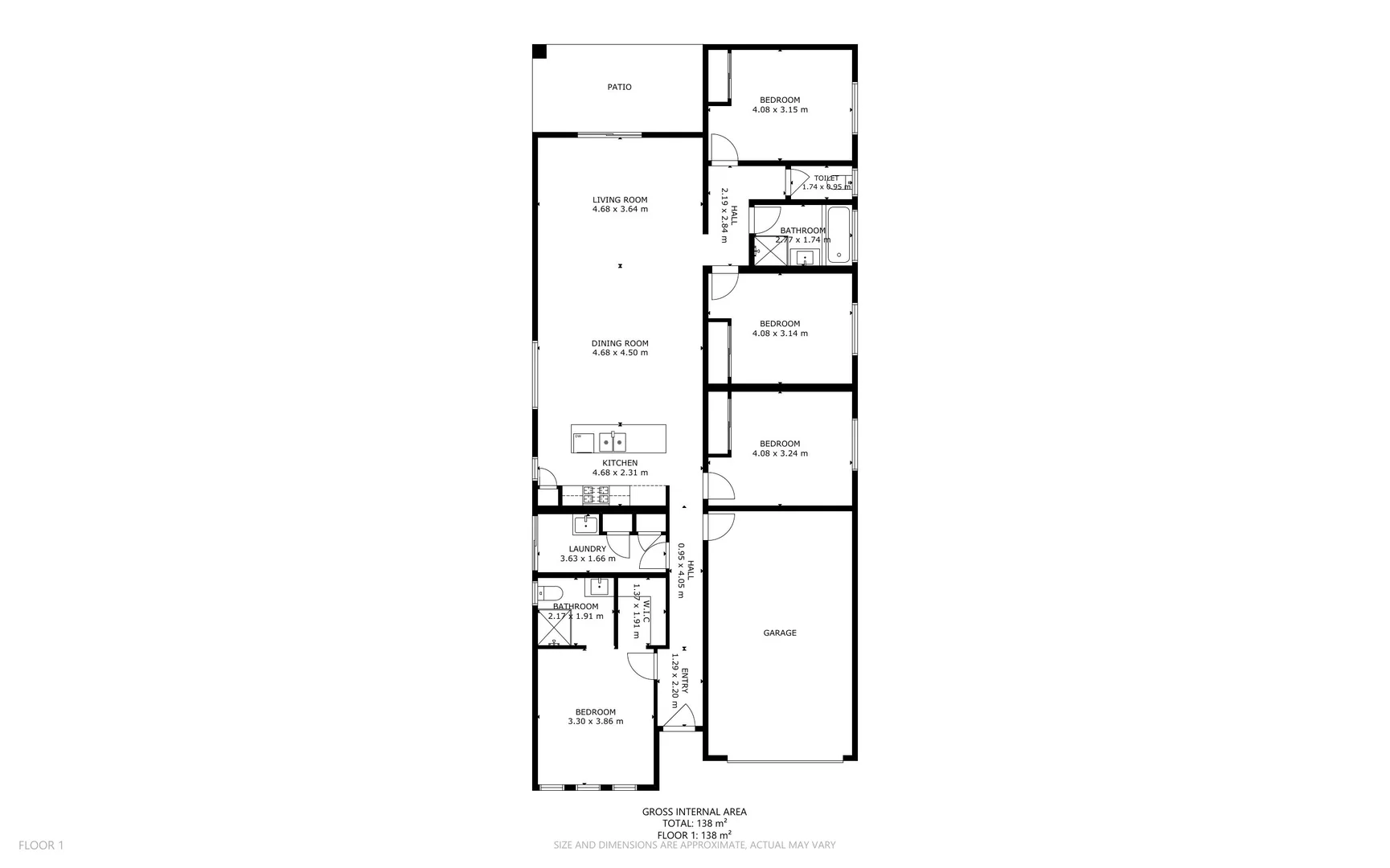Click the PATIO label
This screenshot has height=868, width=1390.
point(619,87)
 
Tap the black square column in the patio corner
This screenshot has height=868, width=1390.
point(539,51)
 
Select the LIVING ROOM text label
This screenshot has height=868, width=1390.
point(620,200)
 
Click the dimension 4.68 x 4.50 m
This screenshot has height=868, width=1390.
point(620,353)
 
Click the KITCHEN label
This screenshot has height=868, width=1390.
point(620,463)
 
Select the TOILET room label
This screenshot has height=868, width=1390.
point(826,178)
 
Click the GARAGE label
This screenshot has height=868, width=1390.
point(780,633)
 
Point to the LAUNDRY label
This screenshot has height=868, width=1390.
point(588,549)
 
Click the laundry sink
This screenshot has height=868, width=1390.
point(585,525)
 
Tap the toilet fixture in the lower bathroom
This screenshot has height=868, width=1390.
point(548,594)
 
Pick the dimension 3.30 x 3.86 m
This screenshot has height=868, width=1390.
point(596,722)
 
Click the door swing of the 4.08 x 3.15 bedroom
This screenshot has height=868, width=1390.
point(723,149)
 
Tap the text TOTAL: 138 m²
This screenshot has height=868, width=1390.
point(695,824)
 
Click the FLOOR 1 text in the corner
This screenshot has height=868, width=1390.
point(41,845)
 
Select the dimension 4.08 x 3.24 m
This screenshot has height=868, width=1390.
point(780,453)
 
